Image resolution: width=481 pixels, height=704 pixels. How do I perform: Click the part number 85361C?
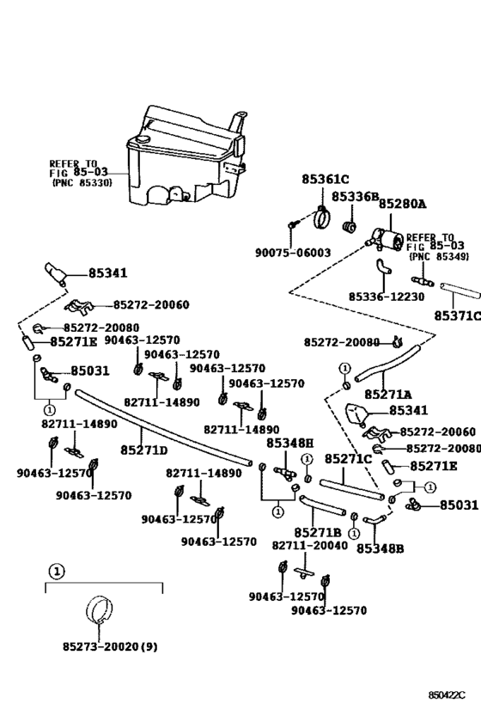click(x=325, y=180)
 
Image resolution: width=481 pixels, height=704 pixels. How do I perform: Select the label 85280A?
click(x=403, y=205)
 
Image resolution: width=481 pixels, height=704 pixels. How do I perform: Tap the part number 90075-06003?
click(x=293, y=253)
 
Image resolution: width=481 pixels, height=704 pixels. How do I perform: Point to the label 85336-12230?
click(x=387, y=297)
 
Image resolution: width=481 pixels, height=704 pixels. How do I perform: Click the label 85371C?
click(x=457, y=316)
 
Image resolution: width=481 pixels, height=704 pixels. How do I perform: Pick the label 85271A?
click(x=387, y=395)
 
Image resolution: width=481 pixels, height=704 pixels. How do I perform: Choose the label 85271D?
click(x=144, y=450)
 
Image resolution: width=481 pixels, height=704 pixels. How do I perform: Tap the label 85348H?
click(x=290, y=444)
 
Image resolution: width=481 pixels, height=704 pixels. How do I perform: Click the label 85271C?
click(x=348, y=459)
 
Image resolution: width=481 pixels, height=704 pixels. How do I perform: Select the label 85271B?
click(x=318, y=532)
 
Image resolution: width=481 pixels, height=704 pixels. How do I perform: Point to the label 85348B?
click(x=380, y=548)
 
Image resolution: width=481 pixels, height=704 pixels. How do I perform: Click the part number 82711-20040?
click(x=309, y=546)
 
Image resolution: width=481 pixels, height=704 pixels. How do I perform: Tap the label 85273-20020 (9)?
click(x=110, y=647)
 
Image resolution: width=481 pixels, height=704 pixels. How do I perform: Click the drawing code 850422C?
click(x=447, y=695)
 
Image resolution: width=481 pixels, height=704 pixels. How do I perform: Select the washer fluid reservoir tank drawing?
click(x=186, y=155)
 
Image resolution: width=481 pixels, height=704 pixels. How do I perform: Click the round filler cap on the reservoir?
click(x=144, y=138)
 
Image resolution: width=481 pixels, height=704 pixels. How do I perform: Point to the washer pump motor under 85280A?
click(x=387, y=239)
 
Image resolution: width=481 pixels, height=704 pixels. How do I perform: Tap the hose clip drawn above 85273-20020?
click(x=99, y=609)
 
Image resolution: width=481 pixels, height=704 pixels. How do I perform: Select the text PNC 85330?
click(x=82, y=183)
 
